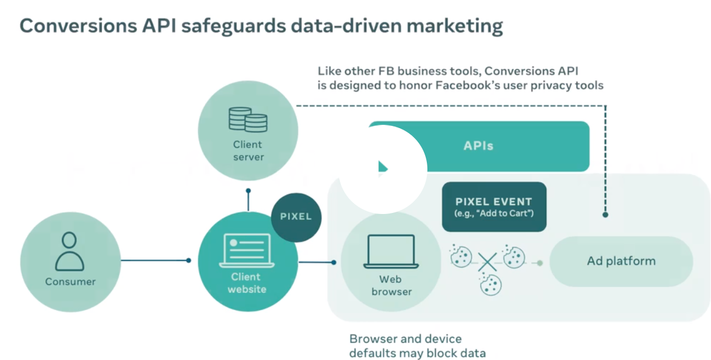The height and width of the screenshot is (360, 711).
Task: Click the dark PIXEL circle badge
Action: click(x=296, y=217)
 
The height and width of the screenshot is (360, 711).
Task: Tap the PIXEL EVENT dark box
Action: click(x=494, y=207)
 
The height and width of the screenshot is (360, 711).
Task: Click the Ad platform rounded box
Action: click(x=621, y=261)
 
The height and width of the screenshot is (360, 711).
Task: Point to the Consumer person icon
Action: click(x=70, y=251)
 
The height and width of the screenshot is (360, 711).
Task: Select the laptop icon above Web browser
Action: click(x=391, y=252)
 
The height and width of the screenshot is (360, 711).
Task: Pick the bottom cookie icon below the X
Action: click(x=490, y=284)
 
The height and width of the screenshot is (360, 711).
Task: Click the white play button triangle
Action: click(x=383, y=167)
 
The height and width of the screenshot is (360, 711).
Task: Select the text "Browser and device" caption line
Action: click(x=405, y=339)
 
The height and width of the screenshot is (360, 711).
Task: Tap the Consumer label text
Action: click(x=70, y=281)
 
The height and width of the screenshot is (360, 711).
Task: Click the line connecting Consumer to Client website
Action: click(x=154, y=260)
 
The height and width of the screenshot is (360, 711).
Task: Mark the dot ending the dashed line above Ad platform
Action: click(x=606, y=214)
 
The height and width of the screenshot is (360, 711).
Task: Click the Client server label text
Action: click(x=248, y=151)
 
